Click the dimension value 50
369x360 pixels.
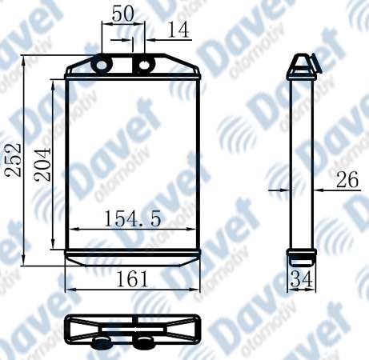122,14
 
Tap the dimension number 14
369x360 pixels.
178,30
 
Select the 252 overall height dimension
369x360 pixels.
14,160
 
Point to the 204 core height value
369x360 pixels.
42,165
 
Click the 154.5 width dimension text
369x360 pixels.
133,218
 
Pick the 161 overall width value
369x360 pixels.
132,279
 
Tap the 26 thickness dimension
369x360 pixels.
347,179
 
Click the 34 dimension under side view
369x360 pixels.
301,279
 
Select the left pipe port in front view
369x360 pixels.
102,64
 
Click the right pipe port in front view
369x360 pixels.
144,64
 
